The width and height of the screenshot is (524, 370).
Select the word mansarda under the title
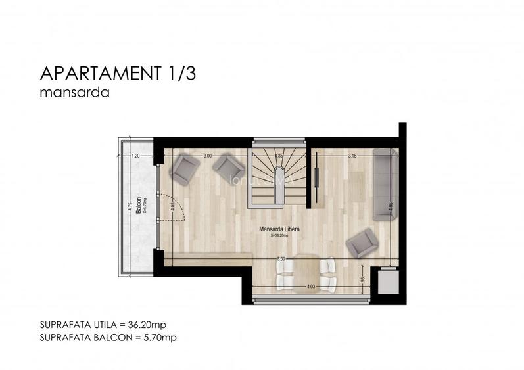point(74,93)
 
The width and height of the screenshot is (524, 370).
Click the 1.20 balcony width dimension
point(136,156)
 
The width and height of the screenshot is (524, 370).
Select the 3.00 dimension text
point(207,156)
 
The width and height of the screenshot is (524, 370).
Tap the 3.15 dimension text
point(352,156)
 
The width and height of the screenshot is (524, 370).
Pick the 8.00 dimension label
point(281,259)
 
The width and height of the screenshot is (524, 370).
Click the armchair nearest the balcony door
point(185,170)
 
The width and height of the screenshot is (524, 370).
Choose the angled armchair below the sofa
point(361,243)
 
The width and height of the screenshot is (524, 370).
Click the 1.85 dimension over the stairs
point(279,156)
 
